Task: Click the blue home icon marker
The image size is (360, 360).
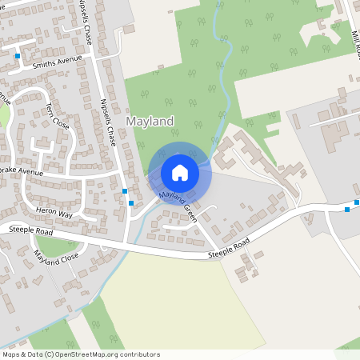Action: point(180,172)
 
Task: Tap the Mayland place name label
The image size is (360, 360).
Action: point(150,122)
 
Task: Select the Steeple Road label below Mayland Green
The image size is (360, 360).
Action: point(229,248)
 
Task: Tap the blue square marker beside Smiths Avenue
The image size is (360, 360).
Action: point(18,56)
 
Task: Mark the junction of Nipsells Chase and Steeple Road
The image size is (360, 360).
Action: point(126,242)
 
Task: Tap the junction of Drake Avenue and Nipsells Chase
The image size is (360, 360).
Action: point(118,174)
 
